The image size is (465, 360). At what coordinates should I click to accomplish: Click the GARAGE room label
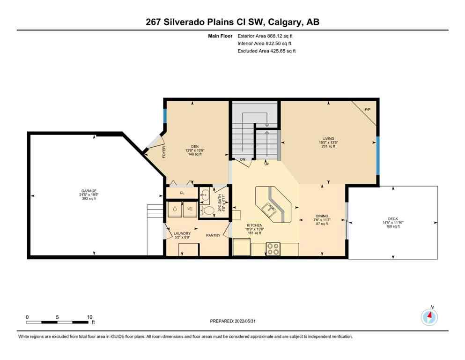[89, 191]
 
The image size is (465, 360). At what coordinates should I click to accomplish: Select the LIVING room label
[328, 139]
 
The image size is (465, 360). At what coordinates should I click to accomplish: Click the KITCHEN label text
[255, 225]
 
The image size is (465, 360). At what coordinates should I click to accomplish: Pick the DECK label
[393, 218]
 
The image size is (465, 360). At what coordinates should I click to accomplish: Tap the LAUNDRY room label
[181, 233]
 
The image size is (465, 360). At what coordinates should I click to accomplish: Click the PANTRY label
[214, 235]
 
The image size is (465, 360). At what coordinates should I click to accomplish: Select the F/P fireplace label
[368, 110]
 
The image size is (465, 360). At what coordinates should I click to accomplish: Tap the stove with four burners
[273, 249]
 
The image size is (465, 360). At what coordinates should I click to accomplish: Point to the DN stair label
[243, 160]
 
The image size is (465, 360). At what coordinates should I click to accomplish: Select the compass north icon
[429, 317]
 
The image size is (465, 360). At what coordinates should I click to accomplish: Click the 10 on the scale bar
[89, 316]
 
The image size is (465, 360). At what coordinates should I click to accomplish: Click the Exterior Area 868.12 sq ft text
[267, 36]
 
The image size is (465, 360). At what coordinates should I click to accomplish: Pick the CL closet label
[182, 193]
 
